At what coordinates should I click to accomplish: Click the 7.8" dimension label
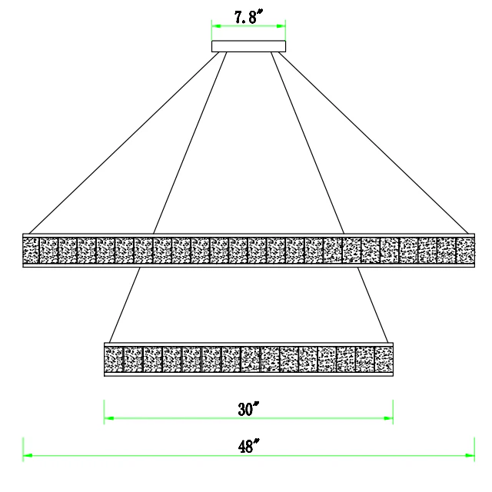click(248, 17)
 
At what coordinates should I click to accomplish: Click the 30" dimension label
click(248, 409)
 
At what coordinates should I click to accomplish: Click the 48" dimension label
click(248, 446)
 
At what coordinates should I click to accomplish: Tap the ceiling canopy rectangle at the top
click(248, 46)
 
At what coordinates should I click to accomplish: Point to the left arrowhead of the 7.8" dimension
click(217, 26)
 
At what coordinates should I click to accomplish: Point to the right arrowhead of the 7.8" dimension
click(281, 26)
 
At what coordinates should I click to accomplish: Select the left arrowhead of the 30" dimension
click(109, 418)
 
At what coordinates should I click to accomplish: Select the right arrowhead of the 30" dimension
click(388, 418)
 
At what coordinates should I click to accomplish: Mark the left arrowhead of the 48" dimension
click(28, 455)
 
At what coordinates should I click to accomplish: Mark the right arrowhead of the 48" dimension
click(470, 455)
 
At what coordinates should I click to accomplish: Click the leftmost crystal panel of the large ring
click(31, 251)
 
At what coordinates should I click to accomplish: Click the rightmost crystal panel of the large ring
click(465, 251)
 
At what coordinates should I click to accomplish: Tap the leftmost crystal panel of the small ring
click(114, 359)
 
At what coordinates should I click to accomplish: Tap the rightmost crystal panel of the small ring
click(384, 359)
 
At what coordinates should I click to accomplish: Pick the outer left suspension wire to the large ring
click(124, 143)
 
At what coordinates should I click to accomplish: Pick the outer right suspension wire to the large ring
click(374, 143)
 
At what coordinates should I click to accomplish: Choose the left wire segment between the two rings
click(125, 305)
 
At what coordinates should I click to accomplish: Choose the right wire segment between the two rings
click(373, 305)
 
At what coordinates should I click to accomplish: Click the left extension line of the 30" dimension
click(105, 412)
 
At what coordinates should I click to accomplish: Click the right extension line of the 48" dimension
click(474, 449)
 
